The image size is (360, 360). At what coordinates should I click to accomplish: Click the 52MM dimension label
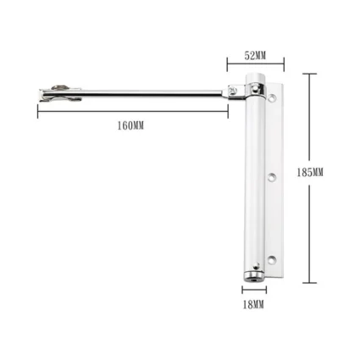coord(255,56)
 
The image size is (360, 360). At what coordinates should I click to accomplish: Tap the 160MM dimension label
coord(130,125)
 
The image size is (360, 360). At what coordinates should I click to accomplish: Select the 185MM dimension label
coord(310,173)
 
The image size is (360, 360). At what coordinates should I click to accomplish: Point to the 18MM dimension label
coord(253,305)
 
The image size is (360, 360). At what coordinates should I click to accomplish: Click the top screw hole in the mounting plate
coord(272,98)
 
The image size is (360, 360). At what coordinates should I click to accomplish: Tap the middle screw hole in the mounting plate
coord(272,177)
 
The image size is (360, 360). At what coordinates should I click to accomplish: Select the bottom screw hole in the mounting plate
coord(272,259)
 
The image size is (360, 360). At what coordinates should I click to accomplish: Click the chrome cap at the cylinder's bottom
coord(253,276)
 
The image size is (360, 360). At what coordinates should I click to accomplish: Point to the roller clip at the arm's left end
coord(60,93)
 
